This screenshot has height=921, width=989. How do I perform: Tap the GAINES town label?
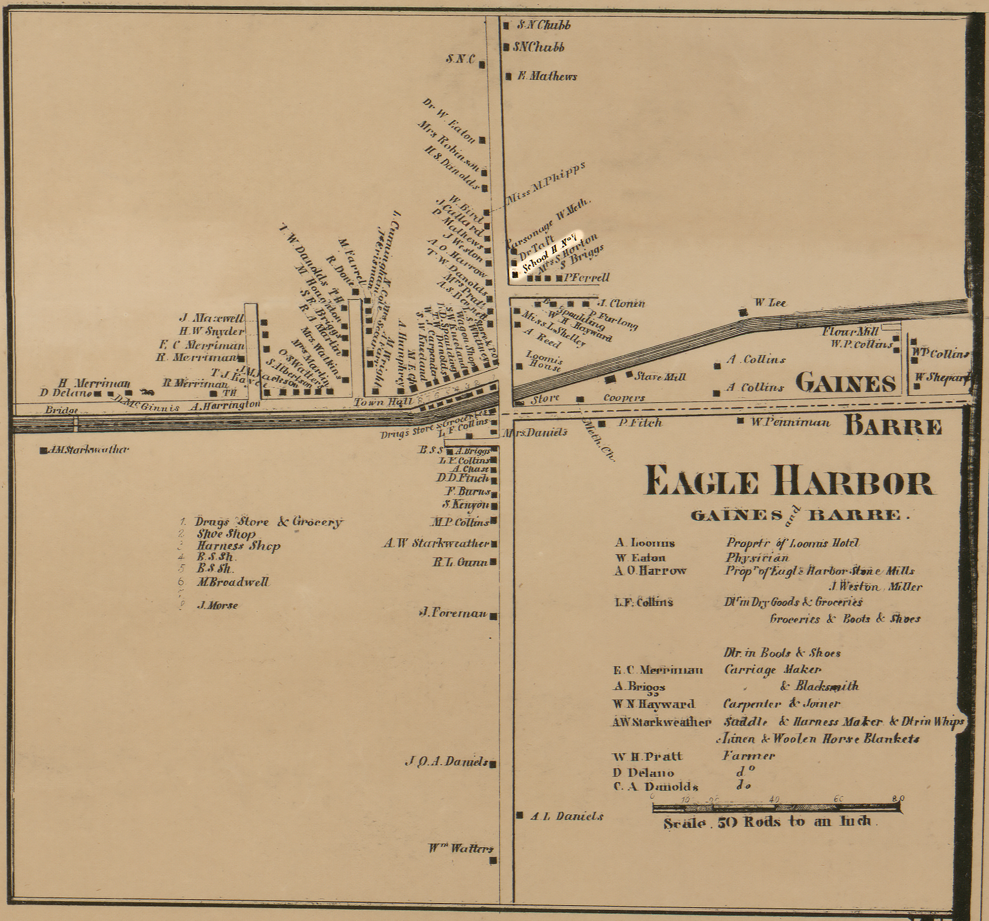(x=846, y=383)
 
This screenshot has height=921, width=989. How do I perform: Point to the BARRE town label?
(x=893, y=427)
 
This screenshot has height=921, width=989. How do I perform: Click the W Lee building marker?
(x=743, y=312)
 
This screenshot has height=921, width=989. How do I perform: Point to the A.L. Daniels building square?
(x=520, y=815)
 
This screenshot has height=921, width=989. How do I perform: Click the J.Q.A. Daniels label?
(x=447, y=761)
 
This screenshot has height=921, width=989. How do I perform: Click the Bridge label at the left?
(x=61, y=410)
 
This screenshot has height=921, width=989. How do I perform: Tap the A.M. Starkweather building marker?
(x=43, y=450)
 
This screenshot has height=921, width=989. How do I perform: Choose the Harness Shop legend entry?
(x=238, y=546)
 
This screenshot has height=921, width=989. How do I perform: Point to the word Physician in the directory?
(x=757, y=557)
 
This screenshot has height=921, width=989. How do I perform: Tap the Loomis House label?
(x=543, y=361)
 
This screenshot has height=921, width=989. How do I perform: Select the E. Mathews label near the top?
(x=547, y=76)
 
